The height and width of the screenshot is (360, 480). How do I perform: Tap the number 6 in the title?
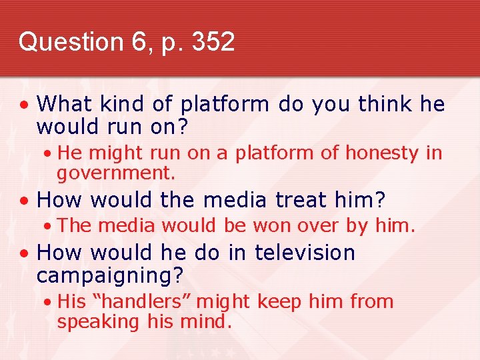tap(140, 41)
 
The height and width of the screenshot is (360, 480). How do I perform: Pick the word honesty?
tap(381, 153)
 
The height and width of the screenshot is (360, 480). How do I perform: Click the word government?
tap(115, 175)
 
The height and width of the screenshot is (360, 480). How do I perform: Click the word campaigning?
tap(110, 275)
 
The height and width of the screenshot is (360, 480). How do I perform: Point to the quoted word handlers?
tap(141, 301)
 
